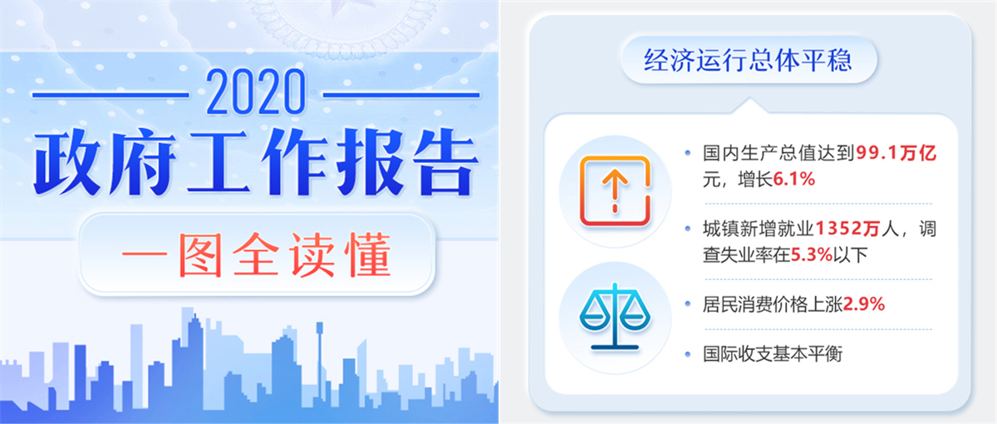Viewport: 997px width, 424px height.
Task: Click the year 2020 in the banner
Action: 256,92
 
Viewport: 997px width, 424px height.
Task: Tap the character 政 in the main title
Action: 67,163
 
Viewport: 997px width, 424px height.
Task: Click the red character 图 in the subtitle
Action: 200,255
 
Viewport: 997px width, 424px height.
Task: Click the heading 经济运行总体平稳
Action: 748,60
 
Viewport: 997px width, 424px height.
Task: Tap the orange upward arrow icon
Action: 615,190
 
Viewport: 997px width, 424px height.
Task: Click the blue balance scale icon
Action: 615,316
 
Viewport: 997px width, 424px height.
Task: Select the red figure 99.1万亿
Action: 896,153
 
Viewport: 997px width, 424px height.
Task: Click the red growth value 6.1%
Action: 794,180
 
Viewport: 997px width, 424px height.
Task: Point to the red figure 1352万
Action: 847,229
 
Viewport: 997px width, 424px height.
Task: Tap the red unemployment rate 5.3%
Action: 812,255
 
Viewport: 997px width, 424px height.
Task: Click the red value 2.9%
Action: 864,304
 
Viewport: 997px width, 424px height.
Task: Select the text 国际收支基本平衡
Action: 773,354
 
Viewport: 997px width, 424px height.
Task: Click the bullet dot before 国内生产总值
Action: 688,153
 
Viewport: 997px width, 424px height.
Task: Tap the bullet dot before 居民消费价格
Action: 688,304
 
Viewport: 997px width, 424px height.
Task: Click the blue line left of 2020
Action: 111,95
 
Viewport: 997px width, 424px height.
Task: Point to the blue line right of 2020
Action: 401,95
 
